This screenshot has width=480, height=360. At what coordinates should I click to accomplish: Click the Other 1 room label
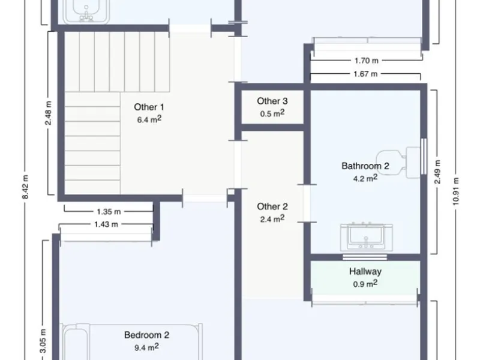[149, 107]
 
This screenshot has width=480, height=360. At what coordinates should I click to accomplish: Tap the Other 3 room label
[272, 101]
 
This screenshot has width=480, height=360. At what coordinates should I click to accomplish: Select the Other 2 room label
[272, 206]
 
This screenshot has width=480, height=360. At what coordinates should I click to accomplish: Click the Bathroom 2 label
[365, 166]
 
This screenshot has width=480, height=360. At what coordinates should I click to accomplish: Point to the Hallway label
[365, 272]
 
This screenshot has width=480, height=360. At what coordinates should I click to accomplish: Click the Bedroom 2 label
[146, 335]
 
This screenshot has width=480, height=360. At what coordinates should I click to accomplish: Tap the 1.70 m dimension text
[367, 61]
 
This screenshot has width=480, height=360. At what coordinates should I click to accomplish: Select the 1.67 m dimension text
[365, 74]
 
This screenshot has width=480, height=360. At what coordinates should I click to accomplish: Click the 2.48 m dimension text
[49, 113]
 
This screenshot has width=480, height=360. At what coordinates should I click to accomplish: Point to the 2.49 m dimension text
[437, 172]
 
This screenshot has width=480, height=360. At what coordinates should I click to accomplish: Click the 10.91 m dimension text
[456, 191]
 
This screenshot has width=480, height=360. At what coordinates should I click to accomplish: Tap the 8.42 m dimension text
[25, 187]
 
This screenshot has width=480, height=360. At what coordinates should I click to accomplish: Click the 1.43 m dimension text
[106, 224]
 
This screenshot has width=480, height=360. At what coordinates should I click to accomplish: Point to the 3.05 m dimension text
[43, 341]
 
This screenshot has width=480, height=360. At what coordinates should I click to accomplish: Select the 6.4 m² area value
[149, 119]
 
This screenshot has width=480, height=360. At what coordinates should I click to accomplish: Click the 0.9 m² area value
[365, 283]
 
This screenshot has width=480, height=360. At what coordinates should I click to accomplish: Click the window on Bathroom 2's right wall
[424, 157]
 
